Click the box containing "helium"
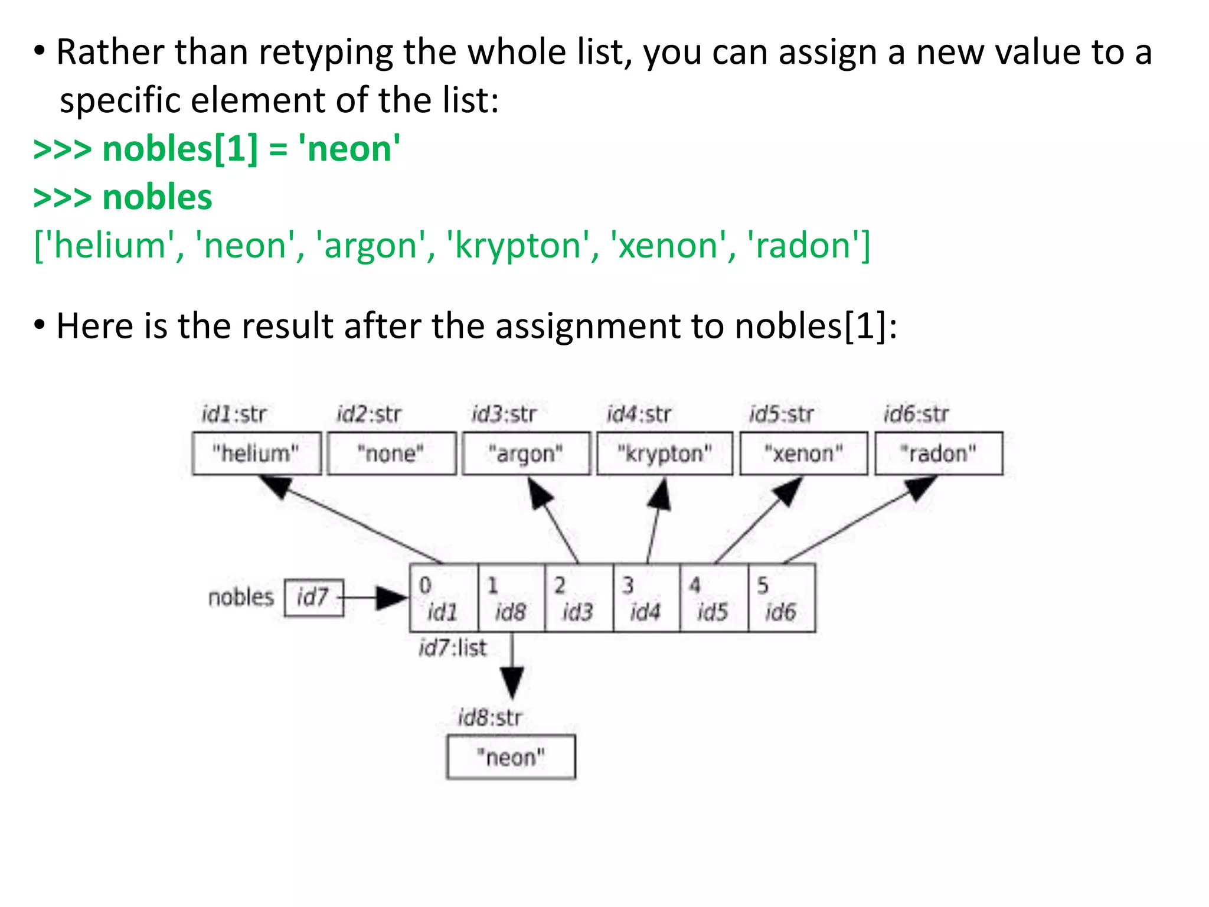(256, 453)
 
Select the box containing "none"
(391, 453)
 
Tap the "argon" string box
(525, 453)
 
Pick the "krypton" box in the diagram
(664, 453)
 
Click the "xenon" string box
(803, 453)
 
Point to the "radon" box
(938, 453)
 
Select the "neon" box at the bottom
(511, 757)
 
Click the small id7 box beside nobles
(313, 598)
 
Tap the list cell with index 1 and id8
(510, 598)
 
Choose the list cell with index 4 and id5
(713, 598)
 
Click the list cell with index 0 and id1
(443, 598)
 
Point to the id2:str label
(369, 415)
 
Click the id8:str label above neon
(490, 718)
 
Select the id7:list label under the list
(453, 648)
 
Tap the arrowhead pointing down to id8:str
(512, 682)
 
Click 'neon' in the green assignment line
(349, 149)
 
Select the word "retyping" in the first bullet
(326, 53)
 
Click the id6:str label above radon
(916, 415)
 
